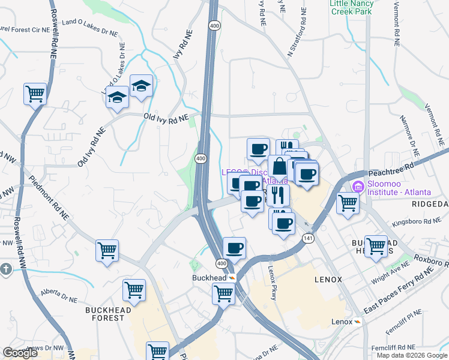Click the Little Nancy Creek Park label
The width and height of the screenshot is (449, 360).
coord(352,8)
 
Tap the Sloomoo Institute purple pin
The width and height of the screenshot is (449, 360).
coord(359,186)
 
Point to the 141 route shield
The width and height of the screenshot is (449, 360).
coord(309,238)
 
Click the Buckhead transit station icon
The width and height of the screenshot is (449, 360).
coord(231,278)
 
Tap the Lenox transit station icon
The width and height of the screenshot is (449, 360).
coord(358,322)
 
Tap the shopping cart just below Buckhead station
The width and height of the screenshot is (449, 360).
coord(223,295)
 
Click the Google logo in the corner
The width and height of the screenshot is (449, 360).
coord(20,353)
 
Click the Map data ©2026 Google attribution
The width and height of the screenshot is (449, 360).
coord(412,355)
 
